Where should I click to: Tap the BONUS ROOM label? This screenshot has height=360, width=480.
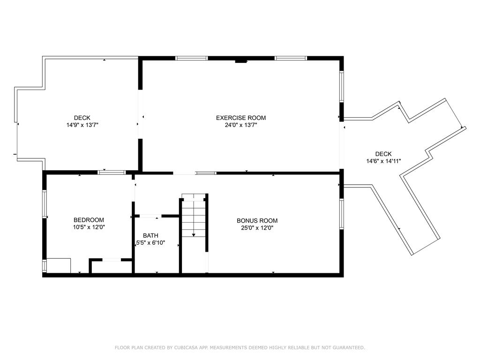pyautogui.click(x=257, y=221)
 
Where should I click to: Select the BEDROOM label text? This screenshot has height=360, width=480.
pyautogui.click(x=89, y=220)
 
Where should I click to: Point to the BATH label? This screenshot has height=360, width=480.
pyautogui.click(x=150, y=236)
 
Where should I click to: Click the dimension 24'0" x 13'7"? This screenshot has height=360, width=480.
pyautogui.click(x=240, y=125)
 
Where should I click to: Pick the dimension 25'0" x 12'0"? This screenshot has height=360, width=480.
pyautogui.click(x=257, y=228)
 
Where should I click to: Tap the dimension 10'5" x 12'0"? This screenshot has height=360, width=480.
pyautogui.click(x=89, y=227)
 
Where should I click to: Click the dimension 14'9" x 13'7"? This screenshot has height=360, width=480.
pyautogui.click(x=82, y=125)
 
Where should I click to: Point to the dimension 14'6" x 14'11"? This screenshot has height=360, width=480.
pyautogui.click(x=383, y=161)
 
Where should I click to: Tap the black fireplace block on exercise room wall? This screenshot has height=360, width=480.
pyautogui.click(x=241, y=60)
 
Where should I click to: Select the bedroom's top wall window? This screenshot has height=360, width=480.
pyautogui.click(x=112, y=172)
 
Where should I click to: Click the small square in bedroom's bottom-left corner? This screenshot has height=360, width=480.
pyautogui.click(x=59, y=266)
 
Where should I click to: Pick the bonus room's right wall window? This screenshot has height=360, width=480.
pyautogui.click(x=342, y=214)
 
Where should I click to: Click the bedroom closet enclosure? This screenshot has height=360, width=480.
pyautogui.click(x=112, y=267)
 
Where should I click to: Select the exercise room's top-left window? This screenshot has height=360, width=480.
pyautogui.click(x=191, y=58)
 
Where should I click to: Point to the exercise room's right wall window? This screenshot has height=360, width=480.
pyautogui.click(x=342, y=86)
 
